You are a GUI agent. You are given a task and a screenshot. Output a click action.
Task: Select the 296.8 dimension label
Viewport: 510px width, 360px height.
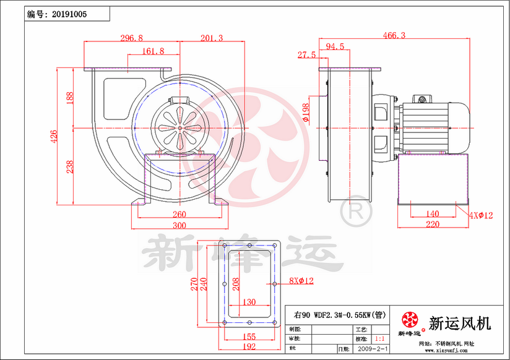pyautogui.click(x=131, y=38)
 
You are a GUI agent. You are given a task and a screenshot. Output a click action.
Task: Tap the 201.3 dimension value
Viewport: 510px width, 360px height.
pyautogui.click(x=212, y=38)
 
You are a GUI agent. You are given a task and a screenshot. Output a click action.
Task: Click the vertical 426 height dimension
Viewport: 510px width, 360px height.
pyautogui.click(x=54, y=136)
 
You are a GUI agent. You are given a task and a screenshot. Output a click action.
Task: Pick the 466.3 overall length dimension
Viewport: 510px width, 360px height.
pyautogui.click(x=394, y=36)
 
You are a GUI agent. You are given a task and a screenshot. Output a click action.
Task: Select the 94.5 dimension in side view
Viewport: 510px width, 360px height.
pyautogui.click(x=335, y=47)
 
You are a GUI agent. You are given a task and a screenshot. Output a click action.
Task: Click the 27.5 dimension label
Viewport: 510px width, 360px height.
pyautogui.click(x=306, y=55)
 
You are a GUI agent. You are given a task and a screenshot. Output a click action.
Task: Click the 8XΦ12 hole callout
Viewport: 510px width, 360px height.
pyautogui.click(x=301, y=281)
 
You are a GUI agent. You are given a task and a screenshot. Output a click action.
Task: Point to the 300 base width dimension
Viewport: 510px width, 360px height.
pyautogui.click(x=179, y=225)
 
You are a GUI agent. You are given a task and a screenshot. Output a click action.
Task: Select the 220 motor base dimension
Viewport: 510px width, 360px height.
pyautogui.click(x=433, y=225)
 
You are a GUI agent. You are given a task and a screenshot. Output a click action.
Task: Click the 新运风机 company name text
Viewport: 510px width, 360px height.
pyautogui.click(x=460, y=322)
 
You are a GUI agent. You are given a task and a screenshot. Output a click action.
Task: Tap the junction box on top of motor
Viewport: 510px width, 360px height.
pyautogui.click(x=423, y=99)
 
